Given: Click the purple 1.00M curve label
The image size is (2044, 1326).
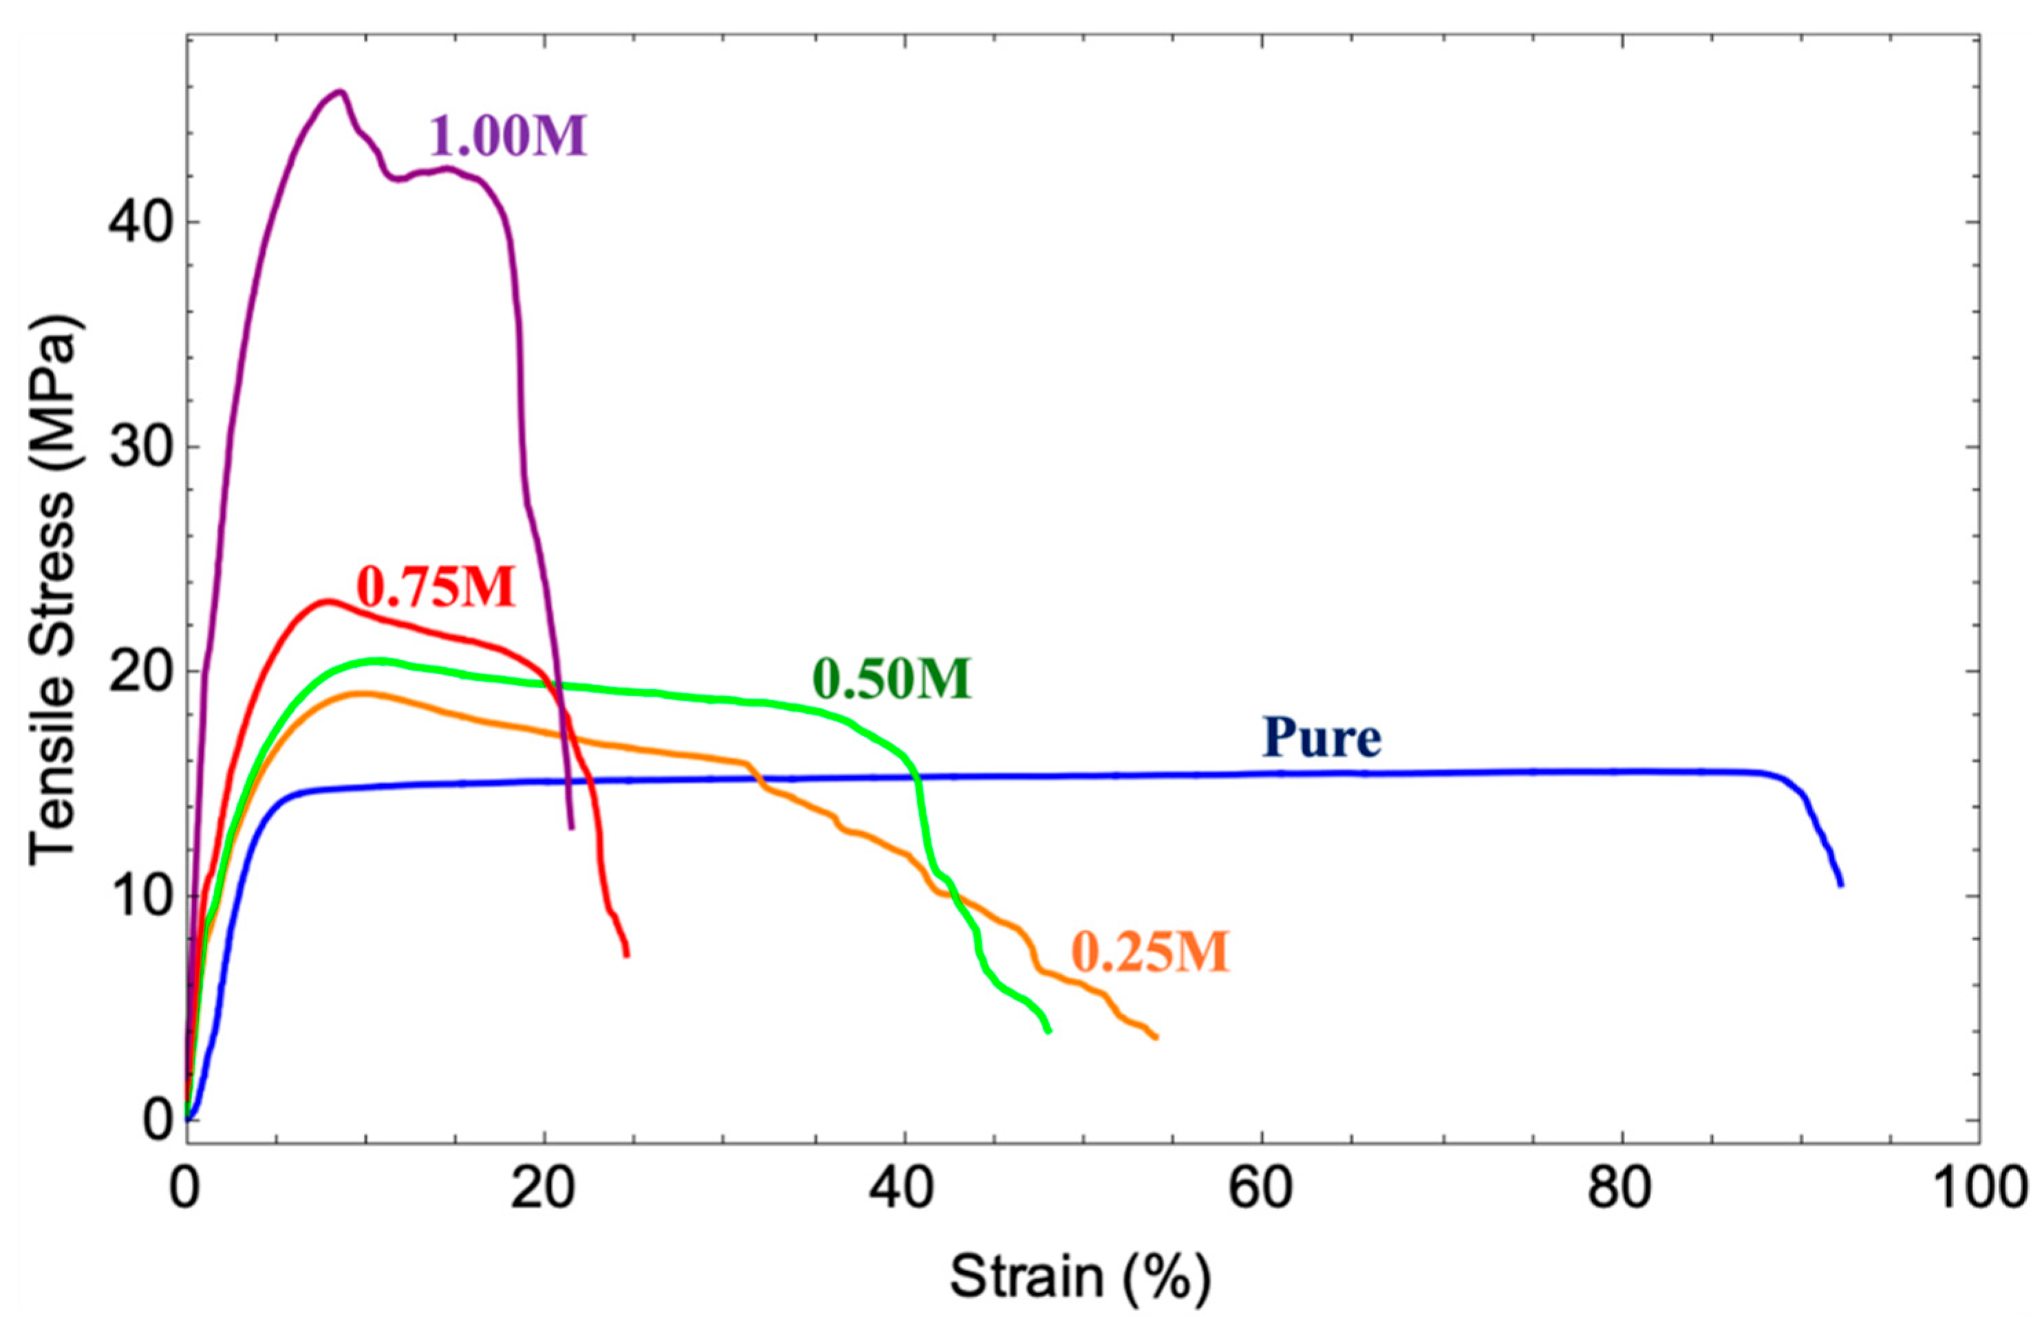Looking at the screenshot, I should point(508,135).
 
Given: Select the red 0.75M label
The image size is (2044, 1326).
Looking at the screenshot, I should point(436,587).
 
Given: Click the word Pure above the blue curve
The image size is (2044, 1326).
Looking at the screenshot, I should point(1322,737).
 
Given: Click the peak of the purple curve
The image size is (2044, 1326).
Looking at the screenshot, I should point(340,91).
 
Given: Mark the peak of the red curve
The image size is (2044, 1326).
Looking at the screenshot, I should point(326,601).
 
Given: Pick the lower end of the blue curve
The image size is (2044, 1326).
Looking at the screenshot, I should point(1840,884).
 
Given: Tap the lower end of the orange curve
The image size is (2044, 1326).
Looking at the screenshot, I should point(1156,1037).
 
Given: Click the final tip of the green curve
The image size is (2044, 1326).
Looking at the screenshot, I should point(1048,1030).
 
